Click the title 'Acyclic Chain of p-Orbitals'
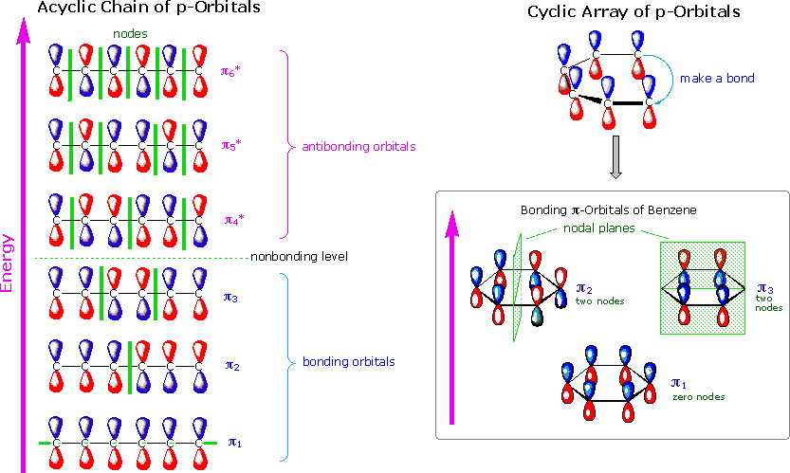point(137,9)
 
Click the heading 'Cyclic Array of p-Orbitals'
point(634,12)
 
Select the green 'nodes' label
point(129,33)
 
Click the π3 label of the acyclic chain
point(231,299)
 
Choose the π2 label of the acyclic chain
point(231,364)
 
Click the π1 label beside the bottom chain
point(235,441)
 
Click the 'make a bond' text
point(717,78)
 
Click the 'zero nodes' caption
point(698,397)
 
